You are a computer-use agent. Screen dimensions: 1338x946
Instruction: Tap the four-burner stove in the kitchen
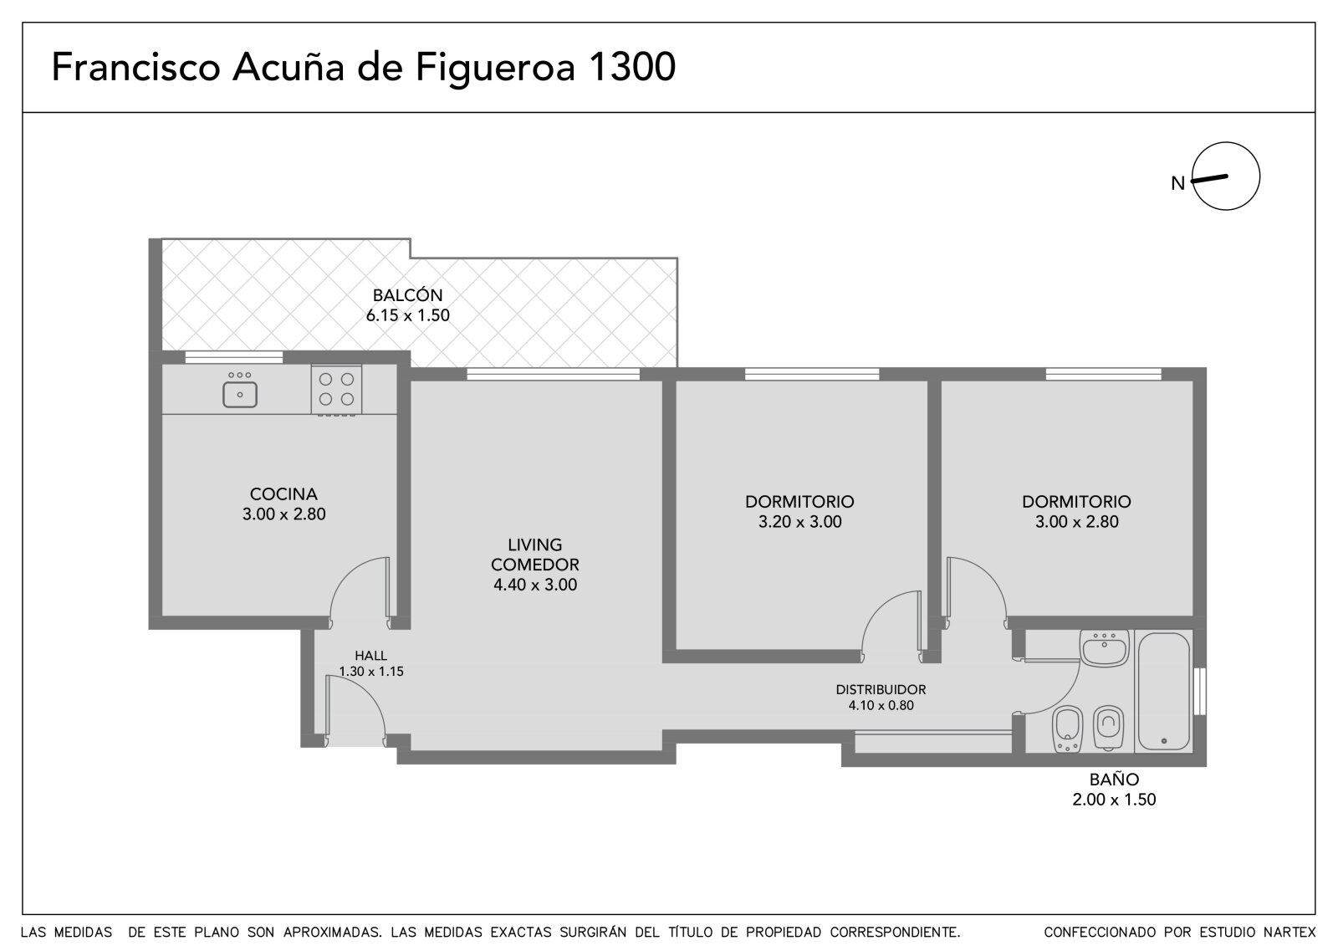click(336, 390)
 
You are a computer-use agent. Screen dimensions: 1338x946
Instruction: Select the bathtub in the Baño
click(1163, 692)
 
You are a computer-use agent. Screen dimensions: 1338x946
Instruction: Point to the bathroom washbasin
click(1105, 648)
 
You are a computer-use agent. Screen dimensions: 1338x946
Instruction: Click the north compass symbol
click(1226, 176)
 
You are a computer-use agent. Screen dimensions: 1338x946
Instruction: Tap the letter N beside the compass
click(1177, 183)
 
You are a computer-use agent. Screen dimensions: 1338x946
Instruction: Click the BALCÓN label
click(407, 294)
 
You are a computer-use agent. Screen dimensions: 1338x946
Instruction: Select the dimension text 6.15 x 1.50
click(407, 315)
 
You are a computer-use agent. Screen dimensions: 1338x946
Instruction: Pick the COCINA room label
click(283, 494)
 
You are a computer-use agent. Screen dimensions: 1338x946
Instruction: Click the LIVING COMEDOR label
click(534, 555)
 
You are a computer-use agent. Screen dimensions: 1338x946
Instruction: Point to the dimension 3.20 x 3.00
click(799, 522)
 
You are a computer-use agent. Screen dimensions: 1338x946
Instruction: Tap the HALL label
click(371, 656)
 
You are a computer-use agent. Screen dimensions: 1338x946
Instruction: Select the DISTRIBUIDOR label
click(881, 689)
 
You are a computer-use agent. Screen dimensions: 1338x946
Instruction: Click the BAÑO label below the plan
click(1114, 780)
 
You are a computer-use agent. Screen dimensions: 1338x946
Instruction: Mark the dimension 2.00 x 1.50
click(1114, 800)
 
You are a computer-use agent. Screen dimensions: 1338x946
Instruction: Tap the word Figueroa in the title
click(495, 68)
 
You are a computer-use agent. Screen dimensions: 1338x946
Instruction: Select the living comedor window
click(553, 374)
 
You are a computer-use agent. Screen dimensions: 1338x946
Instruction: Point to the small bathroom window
click(1199, 691)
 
